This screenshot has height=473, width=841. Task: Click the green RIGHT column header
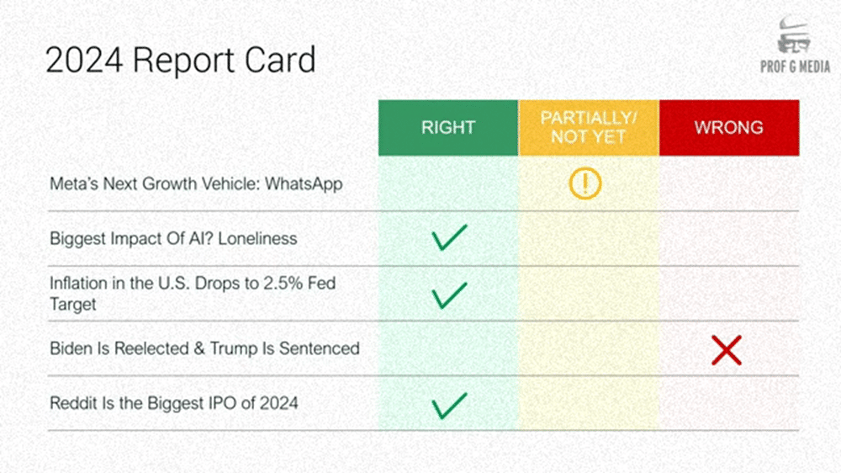point(448,128)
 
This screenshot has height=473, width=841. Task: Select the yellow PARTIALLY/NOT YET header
point(589,128)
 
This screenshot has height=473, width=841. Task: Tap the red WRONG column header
point(729,128)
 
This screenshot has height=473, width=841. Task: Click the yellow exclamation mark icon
point(585,183)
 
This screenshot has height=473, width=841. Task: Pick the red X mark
point(727,350)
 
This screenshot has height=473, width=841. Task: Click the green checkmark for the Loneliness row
point(449,237)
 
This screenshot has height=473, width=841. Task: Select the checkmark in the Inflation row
point(449,295)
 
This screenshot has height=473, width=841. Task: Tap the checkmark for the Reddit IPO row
point(449,406)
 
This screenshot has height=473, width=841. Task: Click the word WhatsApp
point(304,184)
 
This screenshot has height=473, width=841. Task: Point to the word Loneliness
point(257,238)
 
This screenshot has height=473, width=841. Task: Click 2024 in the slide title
point(84,60)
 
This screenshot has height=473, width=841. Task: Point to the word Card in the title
point(280,60)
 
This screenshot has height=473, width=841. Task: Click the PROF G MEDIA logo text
point(795,67)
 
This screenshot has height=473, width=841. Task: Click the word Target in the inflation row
point(72,305)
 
